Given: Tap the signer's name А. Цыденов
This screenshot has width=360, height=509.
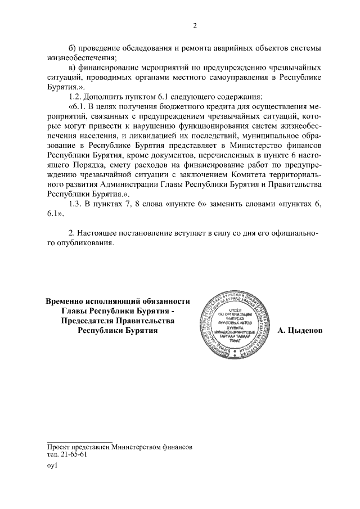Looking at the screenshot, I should (300, 331).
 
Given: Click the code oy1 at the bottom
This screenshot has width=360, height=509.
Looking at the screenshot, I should (52, 466).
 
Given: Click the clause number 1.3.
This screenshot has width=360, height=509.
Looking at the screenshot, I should (75, 204).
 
